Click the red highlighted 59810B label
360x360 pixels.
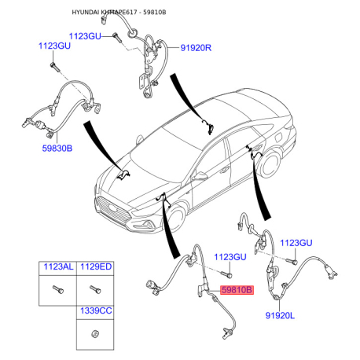click(237, 290)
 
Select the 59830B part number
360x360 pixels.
click(57, 149)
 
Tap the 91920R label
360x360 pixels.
click(196, 48)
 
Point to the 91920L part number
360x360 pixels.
click(280, 315)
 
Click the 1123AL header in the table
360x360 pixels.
click(58, 266)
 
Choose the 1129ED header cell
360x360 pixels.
click(96, 266)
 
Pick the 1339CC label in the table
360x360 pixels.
click(96, 310)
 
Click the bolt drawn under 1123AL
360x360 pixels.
click(58, 289)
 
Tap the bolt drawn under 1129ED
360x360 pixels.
click(95, 289)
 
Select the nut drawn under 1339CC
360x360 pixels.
click(95, 334)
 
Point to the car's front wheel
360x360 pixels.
click(176, 219)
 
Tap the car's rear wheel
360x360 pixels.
click(270, 163)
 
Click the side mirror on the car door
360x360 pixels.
click(200, 175)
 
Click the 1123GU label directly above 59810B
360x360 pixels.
click(230, 257)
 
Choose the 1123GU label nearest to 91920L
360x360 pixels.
click(296, 243)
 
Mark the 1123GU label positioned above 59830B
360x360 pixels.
click(54, 46)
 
